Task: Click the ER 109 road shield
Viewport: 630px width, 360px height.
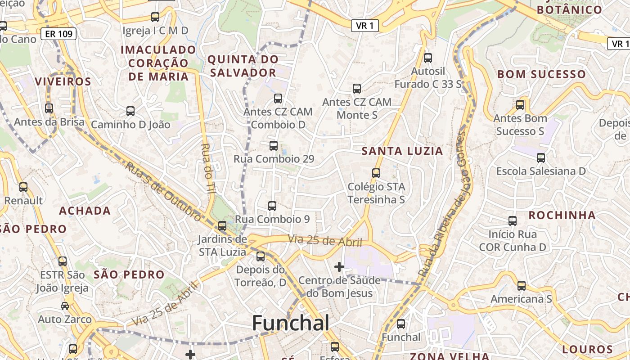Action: (x=58, y=34)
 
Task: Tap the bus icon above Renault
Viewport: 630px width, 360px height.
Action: (x=23, y=187)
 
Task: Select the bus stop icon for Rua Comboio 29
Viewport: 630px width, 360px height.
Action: (x=274, y=146)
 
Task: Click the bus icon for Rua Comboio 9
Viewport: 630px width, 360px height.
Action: (x=272, y=206)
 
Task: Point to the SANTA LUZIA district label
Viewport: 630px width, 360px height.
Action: (x=402, y=151)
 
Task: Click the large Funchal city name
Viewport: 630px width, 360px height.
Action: (x=290, y=323)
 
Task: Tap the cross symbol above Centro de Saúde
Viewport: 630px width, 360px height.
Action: (x=339, y=267)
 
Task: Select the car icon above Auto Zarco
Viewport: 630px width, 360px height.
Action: (x=65, y=306)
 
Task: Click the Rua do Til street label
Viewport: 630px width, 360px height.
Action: (x=208, y=169)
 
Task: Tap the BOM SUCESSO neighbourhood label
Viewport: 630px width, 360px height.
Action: (x=541, y=74)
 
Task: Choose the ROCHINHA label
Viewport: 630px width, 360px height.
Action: (x=562, y=215)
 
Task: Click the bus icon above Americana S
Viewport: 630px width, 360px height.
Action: (x=521, y=286)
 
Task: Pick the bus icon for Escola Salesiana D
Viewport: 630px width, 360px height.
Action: (x=541, y=158)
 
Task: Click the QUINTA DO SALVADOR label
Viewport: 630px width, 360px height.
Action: (x=242, y=66)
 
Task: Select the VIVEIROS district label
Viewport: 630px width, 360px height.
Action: (x=63, y=81)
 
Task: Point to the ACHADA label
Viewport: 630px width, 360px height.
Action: (x=85, y=211)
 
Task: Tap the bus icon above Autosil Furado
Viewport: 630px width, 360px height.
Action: (x=427, y=58)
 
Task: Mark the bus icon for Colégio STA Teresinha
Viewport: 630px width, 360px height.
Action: (x=376, y=173)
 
